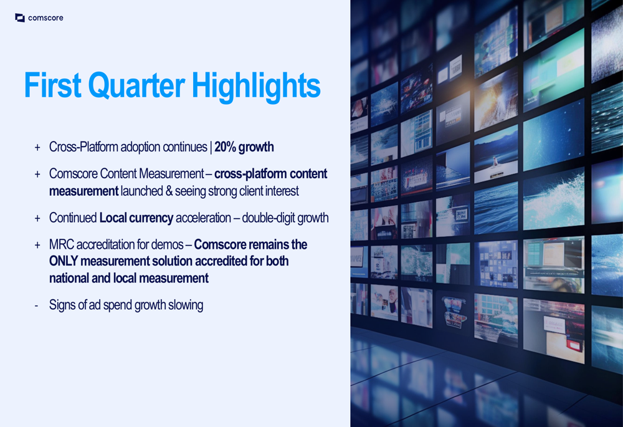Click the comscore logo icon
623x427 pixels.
pyautogui.click(x=20, y=17)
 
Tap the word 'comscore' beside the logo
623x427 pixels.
pyautogui.click(x=45, y=18)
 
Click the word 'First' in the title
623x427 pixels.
pyautogui.click(x=53, y=85)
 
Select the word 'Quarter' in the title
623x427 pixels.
pyautogui.click(x=136, y=85)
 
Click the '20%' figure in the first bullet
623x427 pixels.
pyautogui.click(x=226, y=147)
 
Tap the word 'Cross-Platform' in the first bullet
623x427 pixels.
pyautogui.click(x=83, y=147)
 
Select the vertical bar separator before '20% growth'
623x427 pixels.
pyautogui.click(x=211, y=147)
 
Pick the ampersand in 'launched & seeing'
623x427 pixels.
pyautogui.click(x=169, y=191)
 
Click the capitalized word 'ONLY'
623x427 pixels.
pyautogui.click(x=63, y=261)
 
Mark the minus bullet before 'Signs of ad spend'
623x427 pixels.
pyautogui.click(x=37, y=305)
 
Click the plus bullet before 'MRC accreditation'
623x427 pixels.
pyautogui.click(x=37, y=245)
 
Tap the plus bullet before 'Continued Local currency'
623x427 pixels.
pyautogui.click(x=37, y=218)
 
